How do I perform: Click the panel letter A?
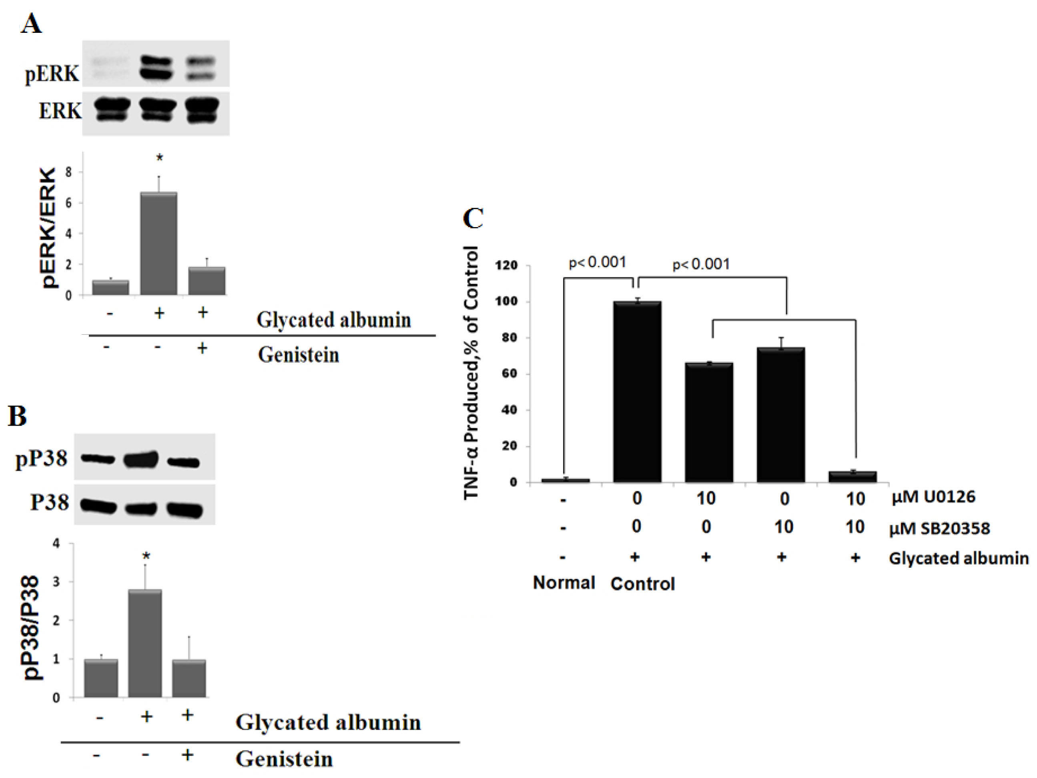click(x=31, y=24)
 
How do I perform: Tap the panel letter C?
click(x=473, y=219)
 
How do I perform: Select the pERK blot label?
click(x=52, y=74)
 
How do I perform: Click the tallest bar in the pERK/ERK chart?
click(x=159, y=243)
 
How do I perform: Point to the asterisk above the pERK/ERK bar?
click(x=159, y=158)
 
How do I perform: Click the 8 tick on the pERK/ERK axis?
click(x=69, y=172)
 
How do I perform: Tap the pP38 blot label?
click(x=41, y=458)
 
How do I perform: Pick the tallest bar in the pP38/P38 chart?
click(x=145, y=643)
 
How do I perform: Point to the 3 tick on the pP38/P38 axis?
click(x=57, y=582)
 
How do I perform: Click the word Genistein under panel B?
click(x=284, y=759)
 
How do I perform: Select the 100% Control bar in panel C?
click(x=637, y=392)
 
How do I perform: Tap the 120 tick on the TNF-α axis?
click(x=506, y=265)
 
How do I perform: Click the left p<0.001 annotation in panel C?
click(x=597, y=262)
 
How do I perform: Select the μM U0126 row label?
click(x=933, y=497)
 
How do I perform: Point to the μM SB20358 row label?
click(x=939, y=529)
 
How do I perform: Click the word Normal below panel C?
click(x=564, y=583)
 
